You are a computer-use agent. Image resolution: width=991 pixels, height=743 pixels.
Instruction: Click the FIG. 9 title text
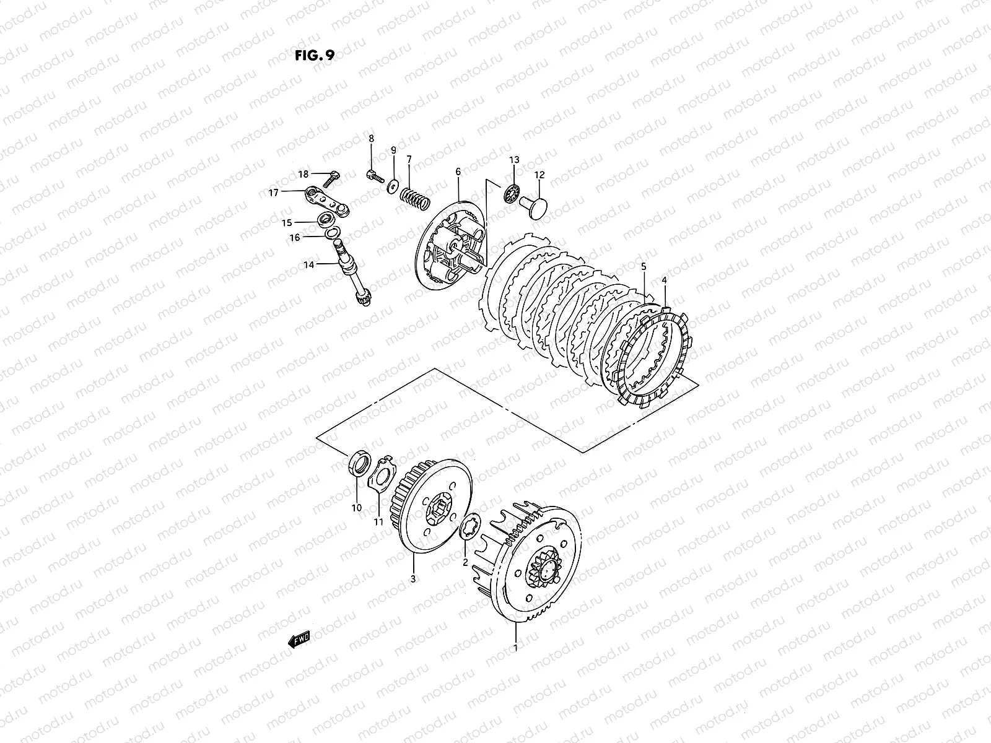click(x=315, y=56)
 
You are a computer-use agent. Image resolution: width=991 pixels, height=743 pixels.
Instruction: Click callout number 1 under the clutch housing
click(x=515, y=648)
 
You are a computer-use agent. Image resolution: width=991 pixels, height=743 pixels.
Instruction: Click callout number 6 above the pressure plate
click(x=458, y=171)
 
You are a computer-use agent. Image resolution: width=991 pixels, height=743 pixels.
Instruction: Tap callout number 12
click(x=539, y=175)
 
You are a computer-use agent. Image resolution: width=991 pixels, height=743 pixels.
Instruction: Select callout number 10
click(x=356, y=508)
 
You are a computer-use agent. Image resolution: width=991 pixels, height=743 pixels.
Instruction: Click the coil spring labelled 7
click(x=413, y=197)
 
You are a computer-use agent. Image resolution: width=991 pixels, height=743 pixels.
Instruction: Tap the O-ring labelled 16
click(x=331, y=232)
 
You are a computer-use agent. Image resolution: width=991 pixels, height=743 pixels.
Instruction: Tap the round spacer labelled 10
click(x=359, y=466)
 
